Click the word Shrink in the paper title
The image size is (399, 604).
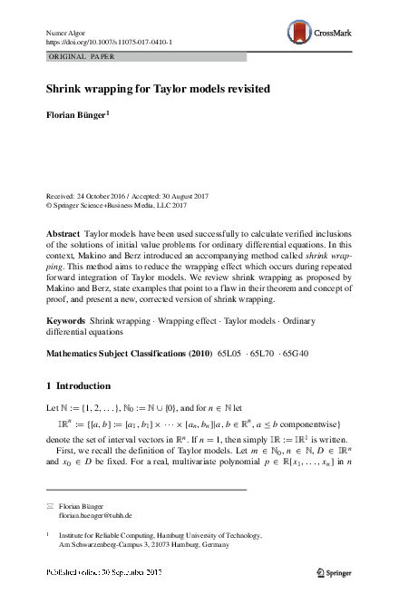(x=65, y=92)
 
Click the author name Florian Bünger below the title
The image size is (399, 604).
(x=76, y=116)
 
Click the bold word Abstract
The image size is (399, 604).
(x=63, y=233)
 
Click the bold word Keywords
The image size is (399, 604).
(x=66, y=321)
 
